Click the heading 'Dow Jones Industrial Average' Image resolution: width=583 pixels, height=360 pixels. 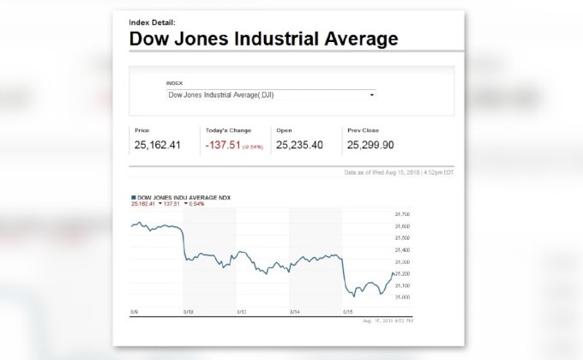[x=263, y=39]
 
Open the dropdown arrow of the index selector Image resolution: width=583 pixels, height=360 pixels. [x=372, y=95]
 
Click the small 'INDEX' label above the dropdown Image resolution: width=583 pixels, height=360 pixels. [x=175, y=83]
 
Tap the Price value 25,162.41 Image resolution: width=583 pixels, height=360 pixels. [x=157, y=145]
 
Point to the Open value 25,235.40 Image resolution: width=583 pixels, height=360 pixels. [x=299, y=145]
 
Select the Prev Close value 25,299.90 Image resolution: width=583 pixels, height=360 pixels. [x=371, y=145]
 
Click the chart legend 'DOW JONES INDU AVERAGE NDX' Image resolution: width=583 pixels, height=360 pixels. [x=184, y=197]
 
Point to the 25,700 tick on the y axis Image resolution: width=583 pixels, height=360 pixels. [x=402, y=213]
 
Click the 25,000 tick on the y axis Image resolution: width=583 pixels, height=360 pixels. [x=402, y=297]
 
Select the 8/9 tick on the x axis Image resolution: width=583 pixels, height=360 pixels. [x=135, y=312]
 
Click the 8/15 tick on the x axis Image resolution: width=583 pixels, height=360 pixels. [x=348, y=312]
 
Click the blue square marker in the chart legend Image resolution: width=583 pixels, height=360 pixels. [x=133, y=197]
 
